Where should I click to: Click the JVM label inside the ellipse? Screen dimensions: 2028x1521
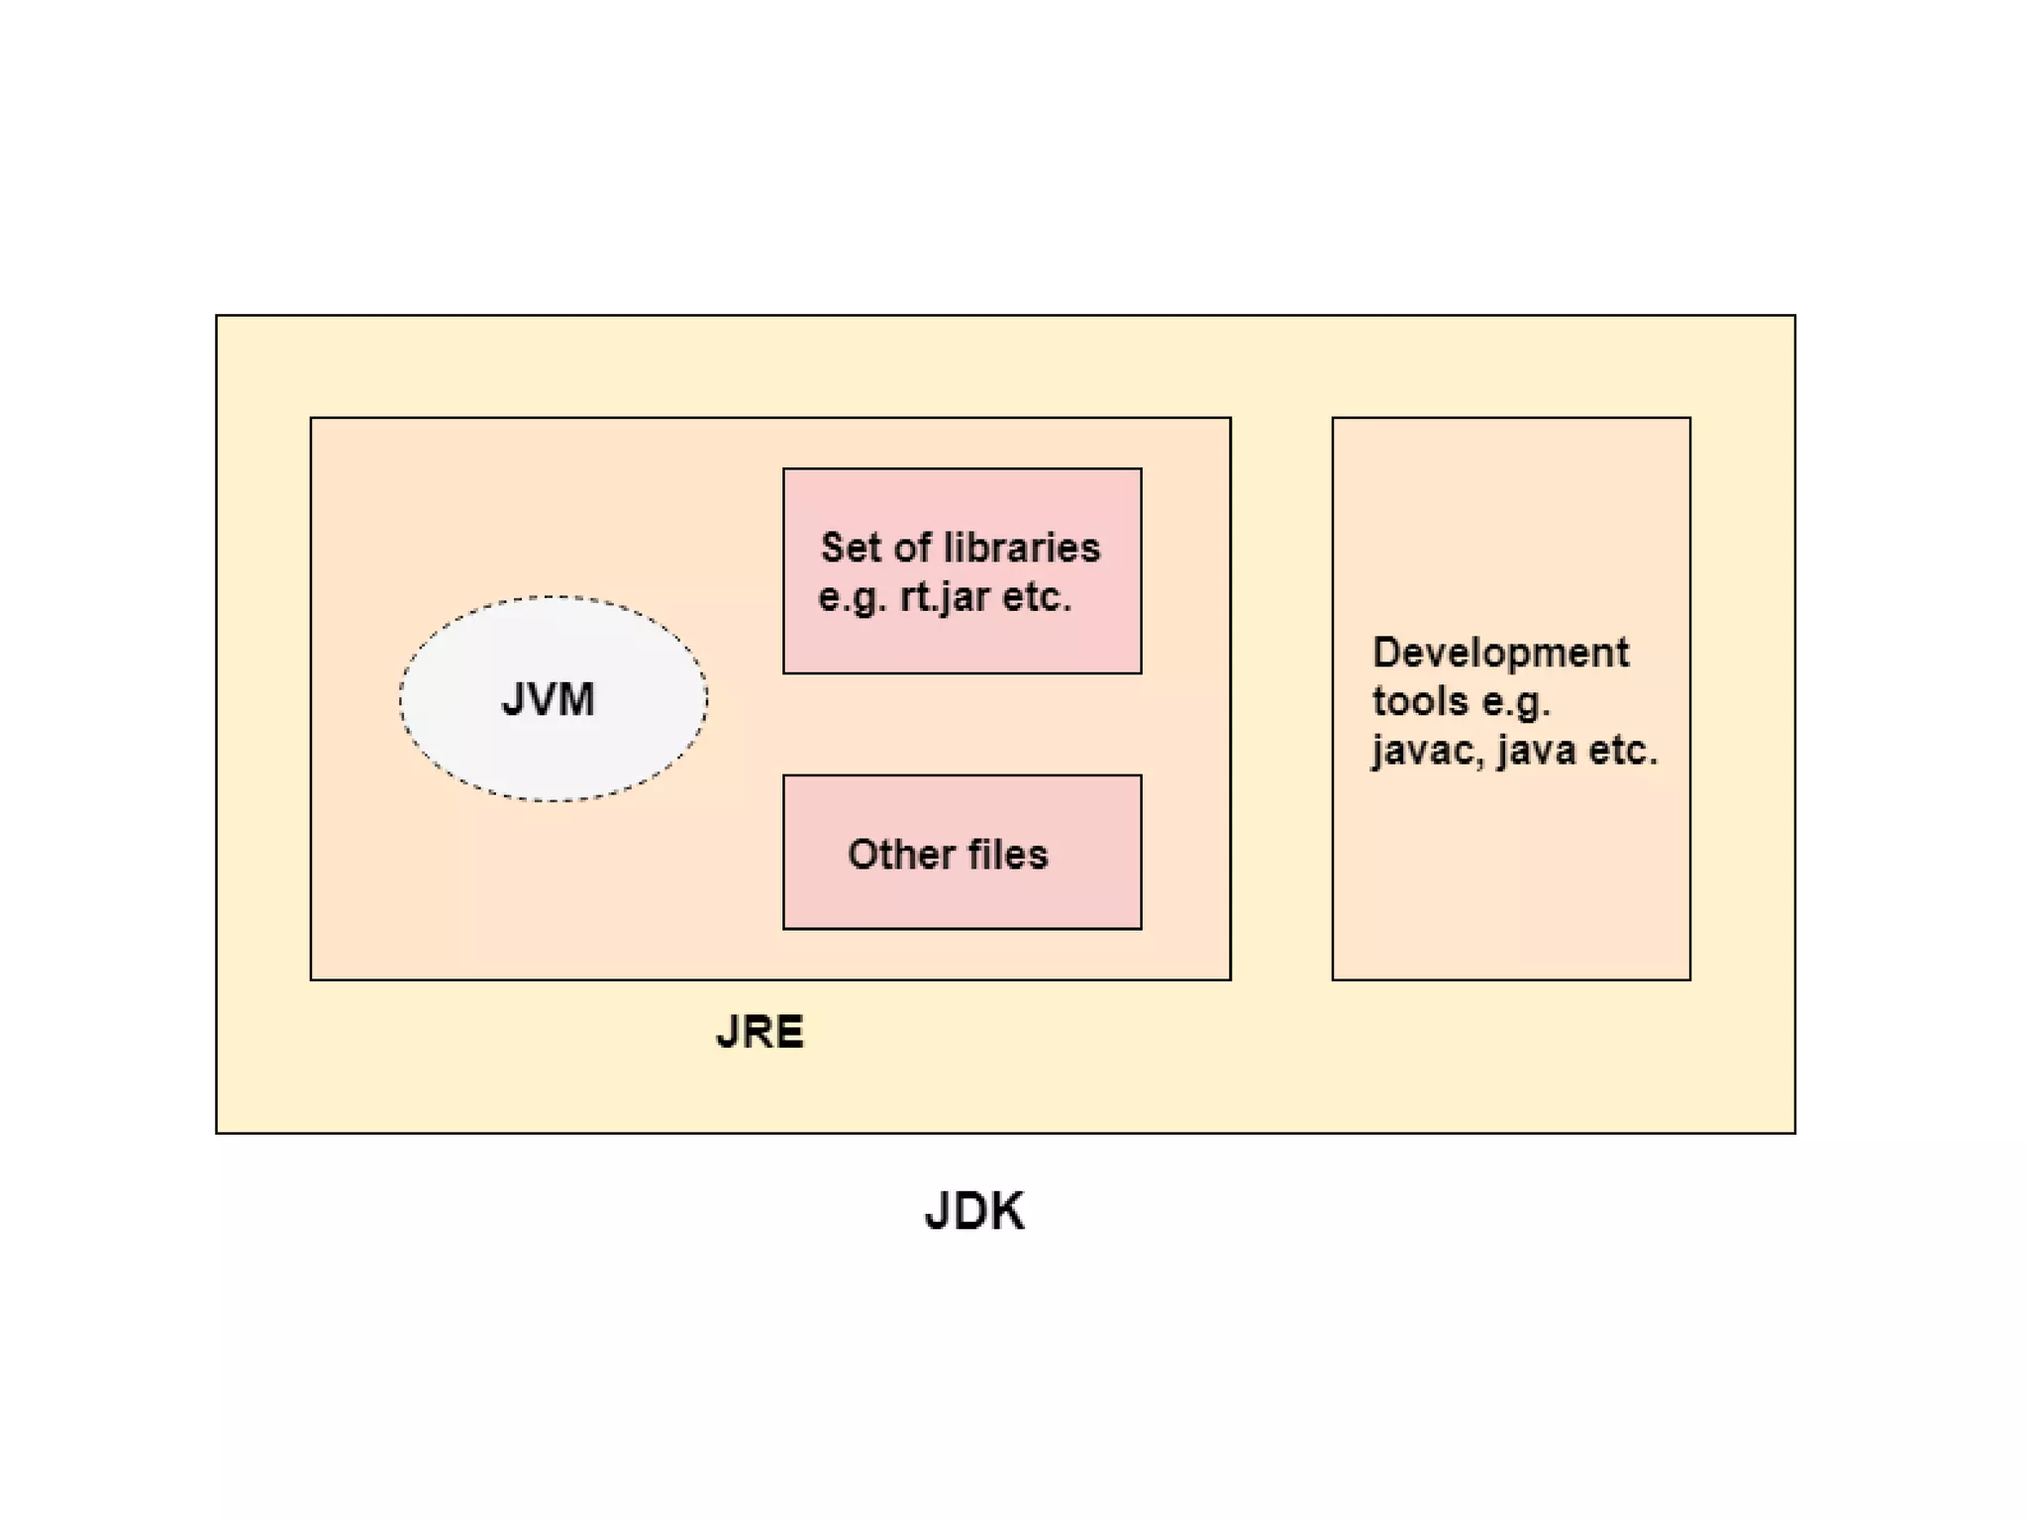coord(548,699)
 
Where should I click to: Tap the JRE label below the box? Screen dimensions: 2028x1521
coord(760,1032)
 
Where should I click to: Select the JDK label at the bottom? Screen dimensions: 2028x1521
coord(974,1210)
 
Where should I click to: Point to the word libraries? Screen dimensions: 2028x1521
coord(1023,548)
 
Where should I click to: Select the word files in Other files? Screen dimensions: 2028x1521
coord(1008,854)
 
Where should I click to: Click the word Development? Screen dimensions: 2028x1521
coord(1500,653)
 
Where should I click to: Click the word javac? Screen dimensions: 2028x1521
coord(1429,750)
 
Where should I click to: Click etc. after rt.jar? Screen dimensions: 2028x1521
coord(1037,597)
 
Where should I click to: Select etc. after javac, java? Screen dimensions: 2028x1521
coord(1623,750)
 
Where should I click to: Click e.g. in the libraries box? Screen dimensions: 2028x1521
coord(853,598)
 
